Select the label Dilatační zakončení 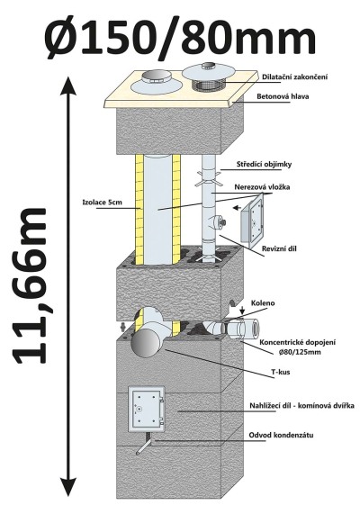294,77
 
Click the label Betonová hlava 283,96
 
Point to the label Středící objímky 264,165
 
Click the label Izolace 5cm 102,202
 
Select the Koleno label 263,303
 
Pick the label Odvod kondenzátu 281,436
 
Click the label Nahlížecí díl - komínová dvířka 301,406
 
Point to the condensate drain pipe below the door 145,444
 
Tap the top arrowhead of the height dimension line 68,86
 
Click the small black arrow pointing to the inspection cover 237,208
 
